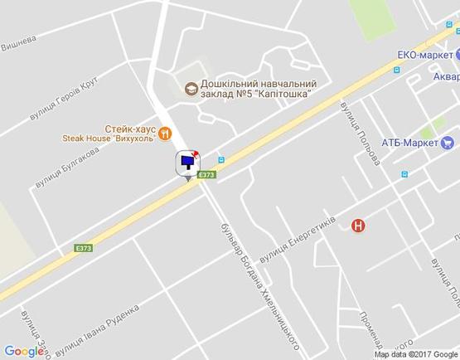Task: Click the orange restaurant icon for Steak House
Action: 165,132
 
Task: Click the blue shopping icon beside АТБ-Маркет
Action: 446,143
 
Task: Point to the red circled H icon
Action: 358,224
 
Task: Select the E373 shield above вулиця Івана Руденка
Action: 84,247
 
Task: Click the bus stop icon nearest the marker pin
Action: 220,160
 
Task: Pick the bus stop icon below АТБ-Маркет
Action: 404,174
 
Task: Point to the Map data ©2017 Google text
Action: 414,354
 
